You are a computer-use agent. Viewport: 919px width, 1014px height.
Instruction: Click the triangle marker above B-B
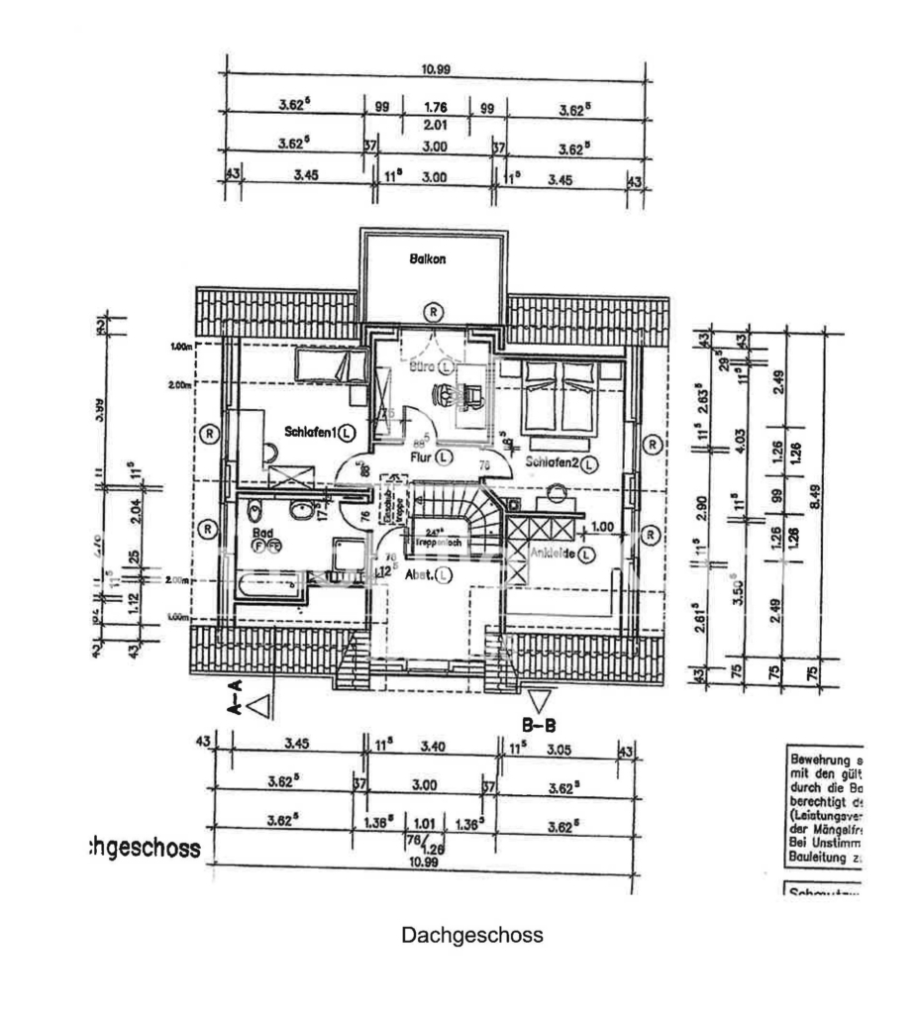click(x=539, y=701)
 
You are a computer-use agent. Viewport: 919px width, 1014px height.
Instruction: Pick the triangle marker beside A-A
click(x=260, y=706)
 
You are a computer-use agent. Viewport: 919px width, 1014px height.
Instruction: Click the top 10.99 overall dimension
click(x=437, y=69)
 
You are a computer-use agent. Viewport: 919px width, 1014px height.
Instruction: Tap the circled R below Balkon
click(x=434, y=310)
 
